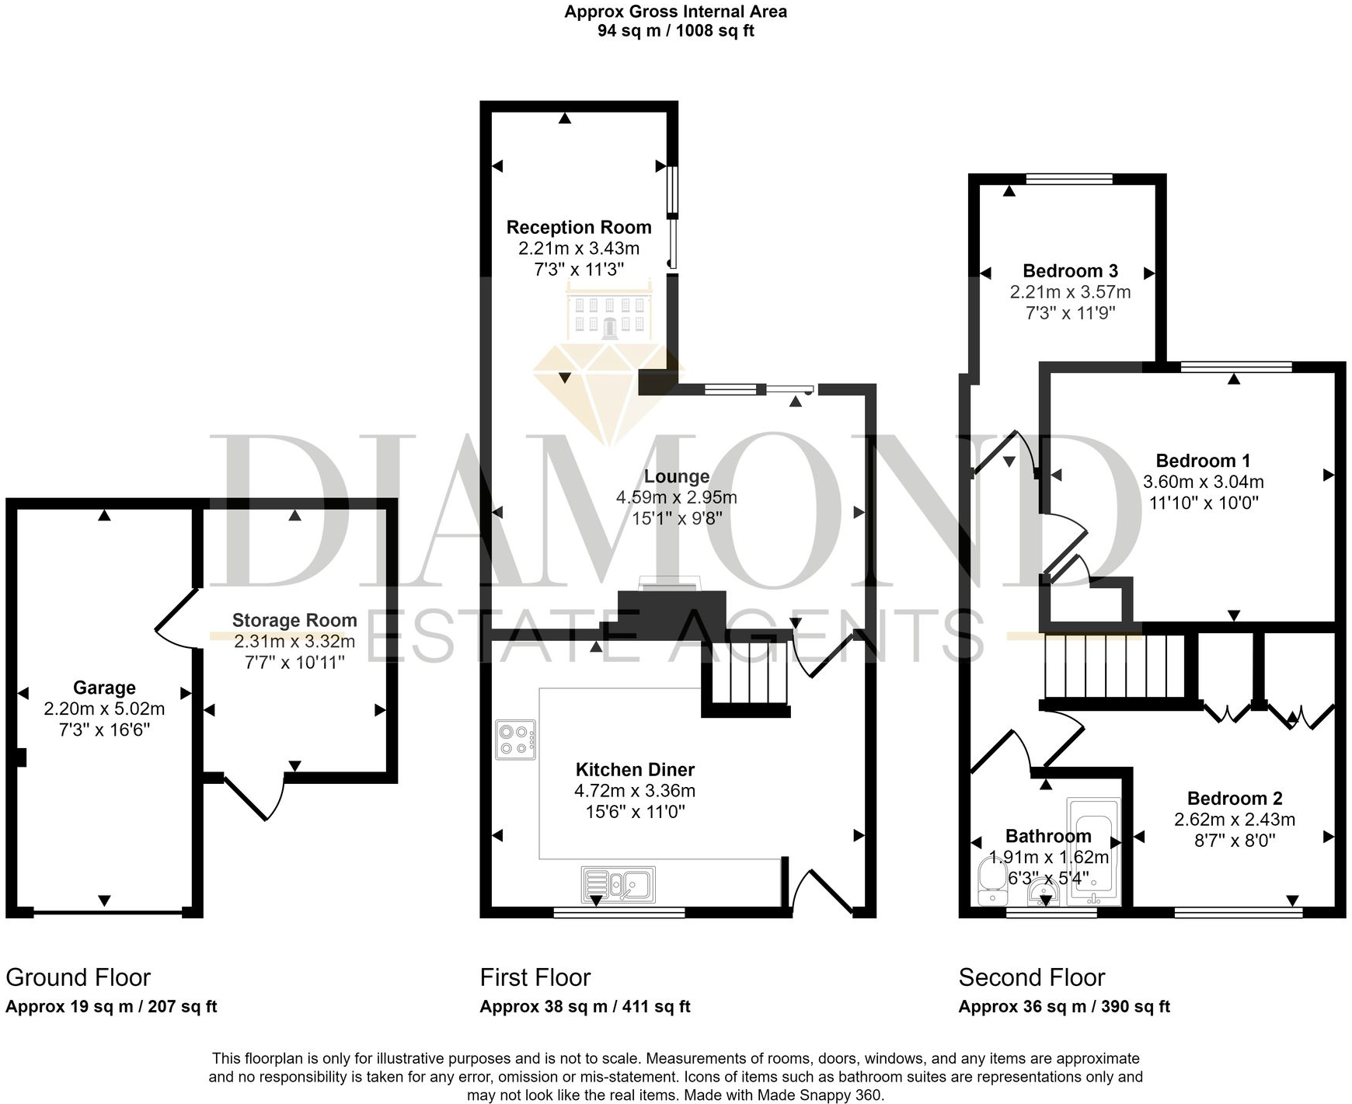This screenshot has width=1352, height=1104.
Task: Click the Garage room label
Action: [x=104, y=688]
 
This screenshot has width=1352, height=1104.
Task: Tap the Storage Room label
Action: [x=294, y=620]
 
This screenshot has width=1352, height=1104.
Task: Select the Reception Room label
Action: [x=579, y=227]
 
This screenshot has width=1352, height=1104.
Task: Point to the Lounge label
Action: [x=676, y=476]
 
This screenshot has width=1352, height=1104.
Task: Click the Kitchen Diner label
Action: [x=635, y=769]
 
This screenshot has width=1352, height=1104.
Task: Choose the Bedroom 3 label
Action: [x=1070, y=270]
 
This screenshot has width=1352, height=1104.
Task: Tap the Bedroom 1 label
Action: [x=1203, y=460]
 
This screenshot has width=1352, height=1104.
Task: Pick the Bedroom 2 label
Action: [x=1234, y=798]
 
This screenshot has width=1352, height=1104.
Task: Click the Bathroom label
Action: [x=1048, y=836]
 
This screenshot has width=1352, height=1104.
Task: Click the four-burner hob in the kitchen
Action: [x=516, y=740]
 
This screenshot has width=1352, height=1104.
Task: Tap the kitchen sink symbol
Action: [x=619, y=884]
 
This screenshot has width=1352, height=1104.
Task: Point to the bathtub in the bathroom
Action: [x=1093, y=852]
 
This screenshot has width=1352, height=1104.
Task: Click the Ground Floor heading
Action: [x=78, y=977]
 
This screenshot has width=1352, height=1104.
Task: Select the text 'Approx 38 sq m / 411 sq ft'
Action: [x=585, y=1007]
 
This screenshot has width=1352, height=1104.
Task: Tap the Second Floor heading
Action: [x=1031, y=977]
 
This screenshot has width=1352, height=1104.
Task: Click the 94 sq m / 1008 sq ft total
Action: [x=675, y=31]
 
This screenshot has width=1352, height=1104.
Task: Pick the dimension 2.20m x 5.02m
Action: [x=104, y=709]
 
